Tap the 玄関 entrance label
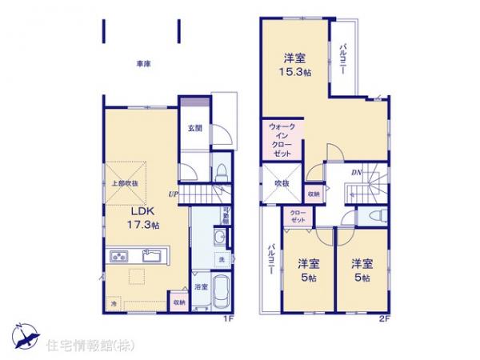(194, 127)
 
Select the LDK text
(142, 212)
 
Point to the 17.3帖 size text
(144, 226)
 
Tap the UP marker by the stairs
(173, 193)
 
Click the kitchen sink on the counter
(152, 257)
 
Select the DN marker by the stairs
(357, 170)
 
